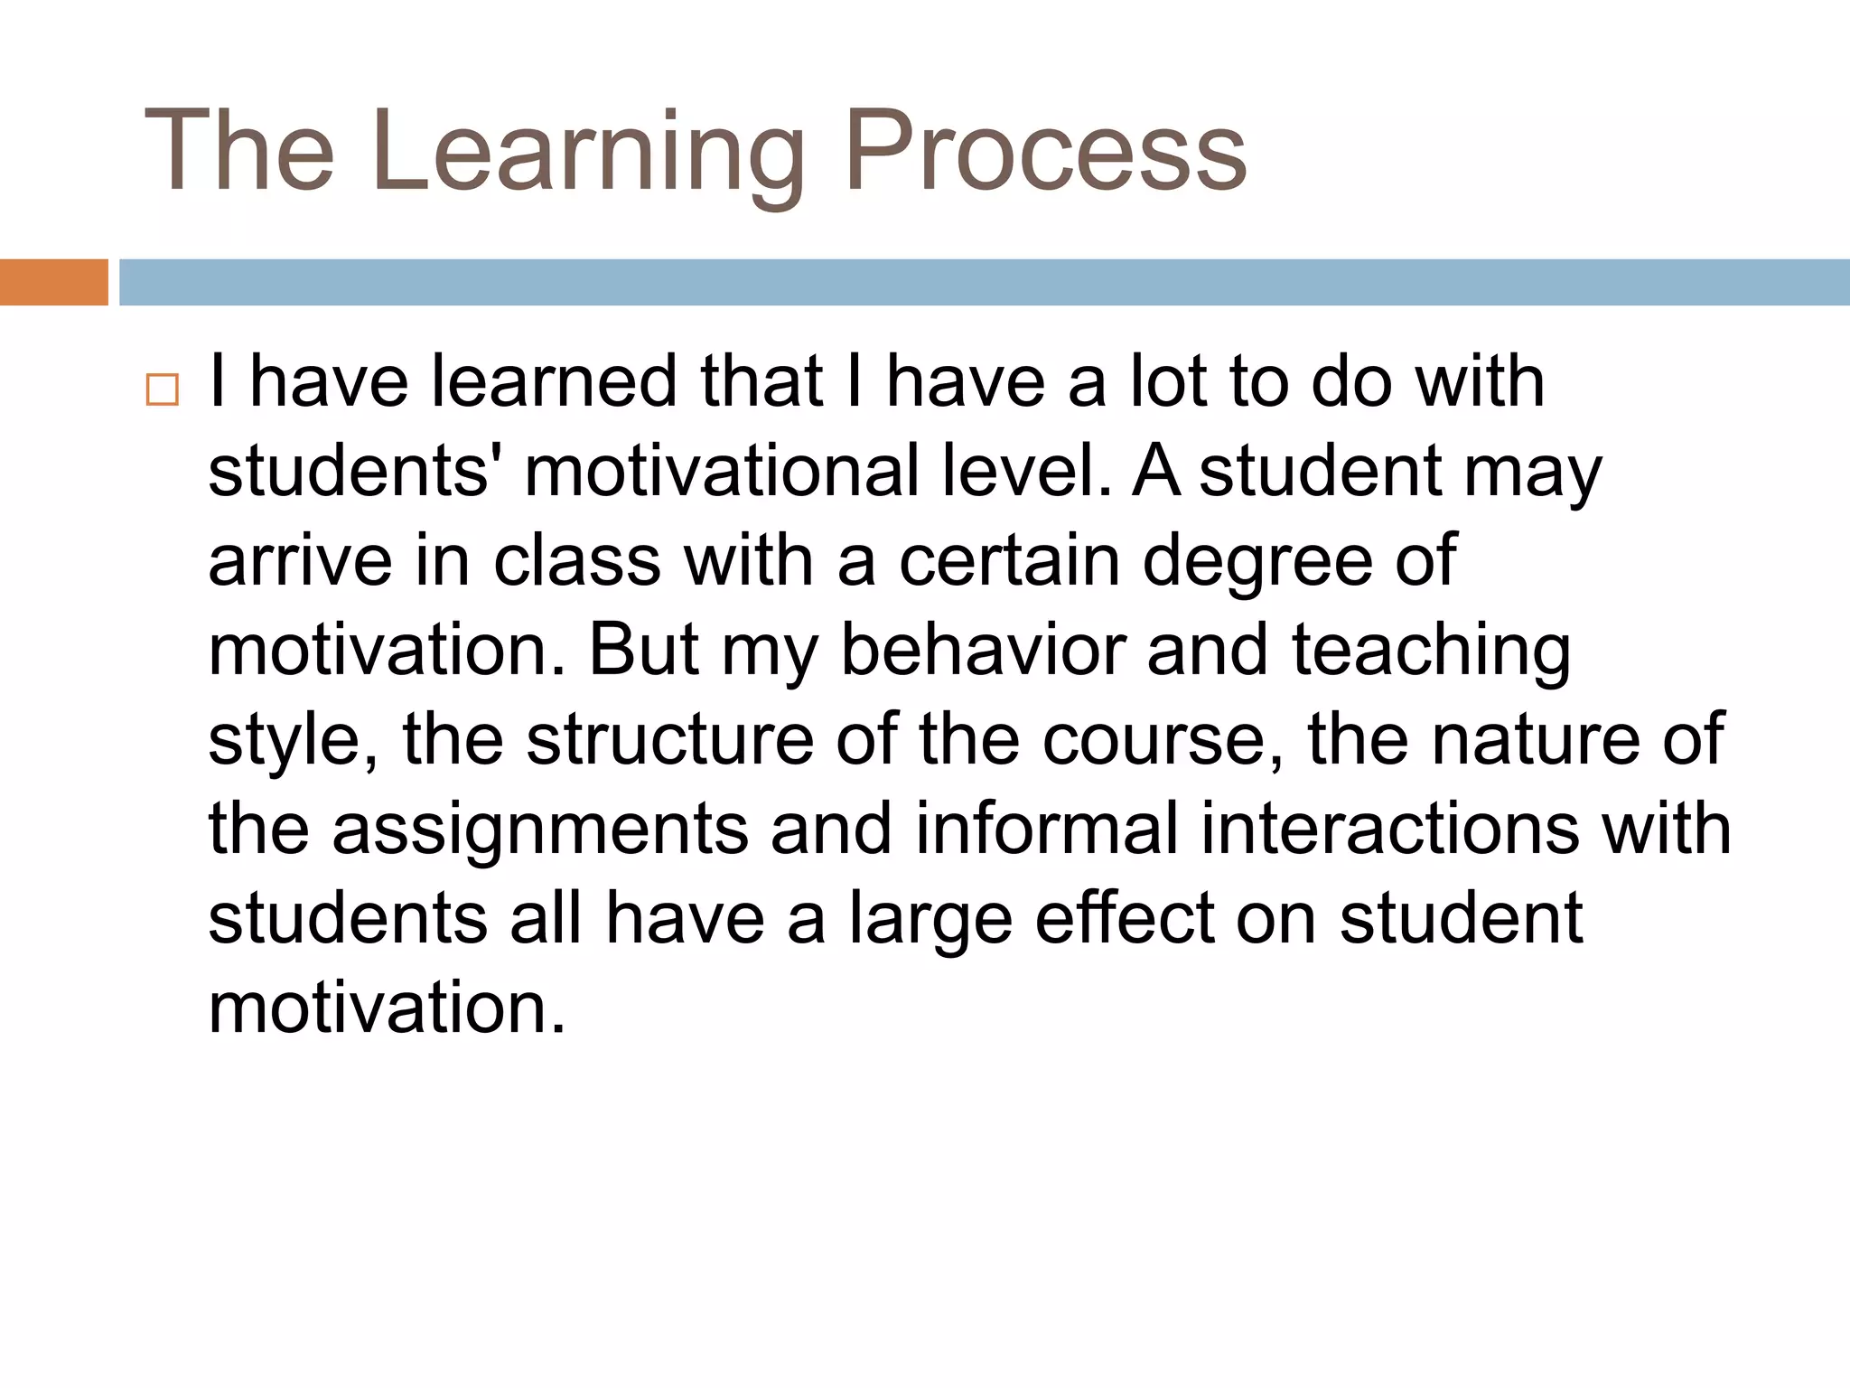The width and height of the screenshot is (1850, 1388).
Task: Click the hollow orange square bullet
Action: tap(163, 389)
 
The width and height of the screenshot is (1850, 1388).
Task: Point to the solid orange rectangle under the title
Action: tap(53, 282)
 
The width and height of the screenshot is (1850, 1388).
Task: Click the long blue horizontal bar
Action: tap(984, 282)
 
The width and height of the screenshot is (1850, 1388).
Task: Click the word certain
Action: tap(1009, 561)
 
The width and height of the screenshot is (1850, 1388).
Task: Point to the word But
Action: tap(643, 651)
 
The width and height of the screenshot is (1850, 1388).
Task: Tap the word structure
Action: tap(670, 740)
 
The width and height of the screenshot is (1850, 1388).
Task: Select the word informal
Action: tap(1047, 829)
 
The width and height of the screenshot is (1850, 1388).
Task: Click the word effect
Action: tap(1125, 918)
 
